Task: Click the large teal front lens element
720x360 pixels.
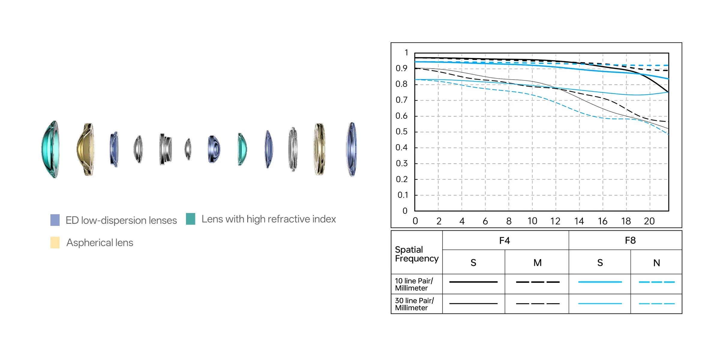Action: click(x=50, y=149)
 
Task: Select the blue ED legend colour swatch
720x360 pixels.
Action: click(x=55, y=220)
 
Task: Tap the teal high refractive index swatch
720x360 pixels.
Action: click(x=190, y=219)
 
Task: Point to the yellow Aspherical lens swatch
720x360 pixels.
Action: click(x=55, y=242)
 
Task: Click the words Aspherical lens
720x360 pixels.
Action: click(x=100, y=242)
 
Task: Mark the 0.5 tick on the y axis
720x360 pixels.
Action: click(x=401, y=132)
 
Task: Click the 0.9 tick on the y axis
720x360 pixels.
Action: click(x=401, y=68)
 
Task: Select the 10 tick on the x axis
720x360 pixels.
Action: click(x=532, y=221)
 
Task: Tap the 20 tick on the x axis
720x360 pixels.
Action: click(x=649, y=221)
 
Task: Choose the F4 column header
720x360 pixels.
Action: click(x=505, y=241)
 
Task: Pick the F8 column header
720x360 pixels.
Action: click(x=630, y=241)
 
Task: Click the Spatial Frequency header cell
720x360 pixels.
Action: click(x=416, y=254)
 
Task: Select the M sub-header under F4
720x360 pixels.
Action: click(x=537, y=263)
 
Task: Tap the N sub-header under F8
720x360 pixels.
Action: click(x=656, y=263)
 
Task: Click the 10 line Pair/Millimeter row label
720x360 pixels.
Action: click(x=414, y=284)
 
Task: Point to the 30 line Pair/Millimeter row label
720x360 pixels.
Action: click(x=414, y=304)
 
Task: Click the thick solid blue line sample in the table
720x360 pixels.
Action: click(x=600, y=282)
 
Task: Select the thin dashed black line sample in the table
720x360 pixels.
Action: click(x=538, y=304)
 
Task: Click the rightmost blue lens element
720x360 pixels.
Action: click(x=352, y=149)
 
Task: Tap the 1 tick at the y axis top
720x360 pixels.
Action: click(x=406, y=53)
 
